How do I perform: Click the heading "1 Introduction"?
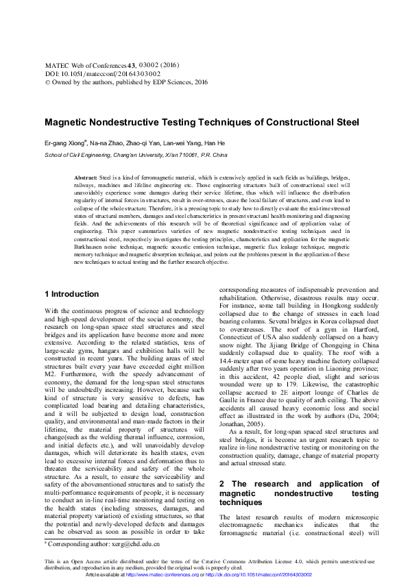(71, 295)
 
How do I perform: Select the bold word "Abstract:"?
(86, 177)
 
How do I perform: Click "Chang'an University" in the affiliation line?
(132, 156)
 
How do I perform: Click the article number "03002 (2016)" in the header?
(159, 82)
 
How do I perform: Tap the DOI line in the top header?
(102, 91)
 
